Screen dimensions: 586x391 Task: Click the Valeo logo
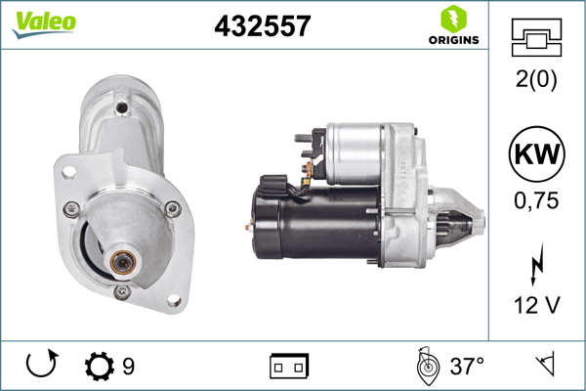tap(44, 24)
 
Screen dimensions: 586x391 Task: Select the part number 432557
tap(263, 25)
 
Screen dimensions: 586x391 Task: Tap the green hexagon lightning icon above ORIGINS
tap(454, 19)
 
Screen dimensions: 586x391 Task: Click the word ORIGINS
tap(454, 40)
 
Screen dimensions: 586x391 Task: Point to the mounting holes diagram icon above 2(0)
tap(536, 37)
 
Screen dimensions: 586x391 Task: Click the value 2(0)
tap(536, 78)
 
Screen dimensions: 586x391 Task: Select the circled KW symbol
tap(536, 153)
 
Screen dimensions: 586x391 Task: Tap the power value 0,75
tap(536, 200)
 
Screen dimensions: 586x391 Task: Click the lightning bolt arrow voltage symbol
tap(537, 264)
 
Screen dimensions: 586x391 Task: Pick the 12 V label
tap(537, 305)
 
